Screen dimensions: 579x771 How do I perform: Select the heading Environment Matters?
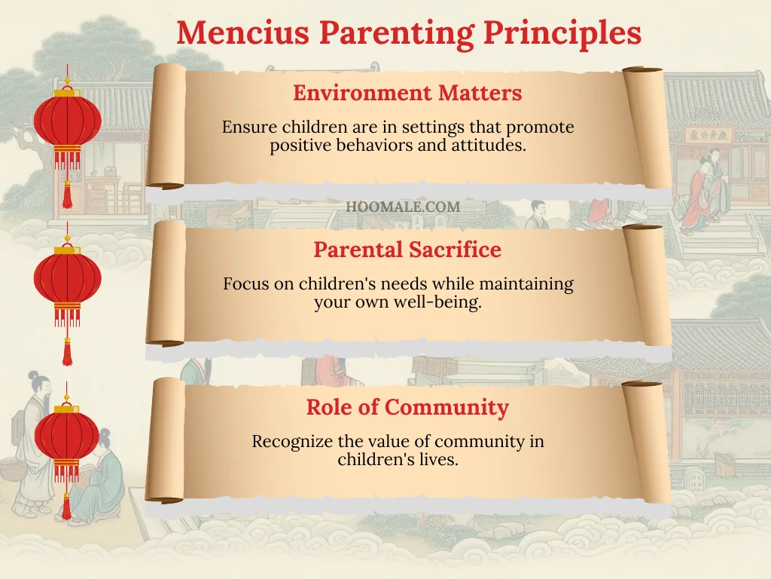coord(407,93)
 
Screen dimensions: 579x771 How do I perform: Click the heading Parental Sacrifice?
coord(407,250)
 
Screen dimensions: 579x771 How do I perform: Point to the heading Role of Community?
coord(407,408)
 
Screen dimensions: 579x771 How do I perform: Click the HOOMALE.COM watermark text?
coord(403,206)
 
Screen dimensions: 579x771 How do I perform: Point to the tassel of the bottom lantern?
coord(67,506)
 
